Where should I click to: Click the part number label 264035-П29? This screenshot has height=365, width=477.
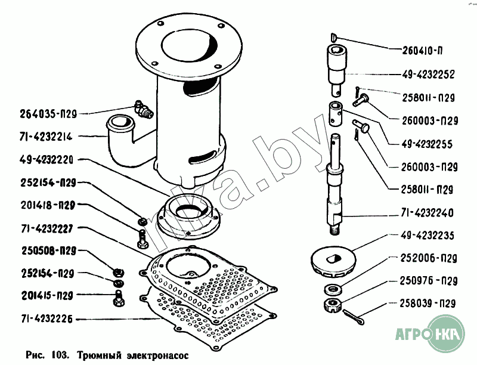coord(48,114)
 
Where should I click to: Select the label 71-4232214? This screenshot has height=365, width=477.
coord(46,137)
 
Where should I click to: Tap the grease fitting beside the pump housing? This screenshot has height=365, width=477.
coord(143,110)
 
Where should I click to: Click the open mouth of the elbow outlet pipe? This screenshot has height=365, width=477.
coord(120,122)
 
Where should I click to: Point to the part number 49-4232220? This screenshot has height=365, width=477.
coord(47,160)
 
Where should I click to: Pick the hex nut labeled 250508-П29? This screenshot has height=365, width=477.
coord(117,271)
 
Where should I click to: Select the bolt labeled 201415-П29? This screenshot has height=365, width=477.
coord(119,298)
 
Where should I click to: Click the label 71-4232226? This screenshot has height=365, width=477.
coord(47,319)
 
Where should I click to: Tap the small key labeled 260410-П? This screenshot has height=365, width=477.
coord(333,37)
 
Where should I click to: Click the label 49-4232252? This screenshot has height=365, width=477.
coord(428,74)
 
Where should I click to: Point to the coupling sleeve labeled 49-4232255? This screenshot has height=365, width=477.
coord(336,113)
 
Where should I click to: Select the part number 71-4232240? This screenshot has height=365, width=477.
coord(427,212)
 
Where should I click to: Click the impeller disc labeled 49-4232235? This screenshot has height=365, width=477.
coord(333,262)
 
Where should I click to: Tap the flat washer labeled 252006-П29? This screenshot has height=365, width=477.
coord(333,289)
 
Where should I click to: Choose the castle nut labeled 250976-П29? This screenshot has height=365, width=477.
coord(333,305)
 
